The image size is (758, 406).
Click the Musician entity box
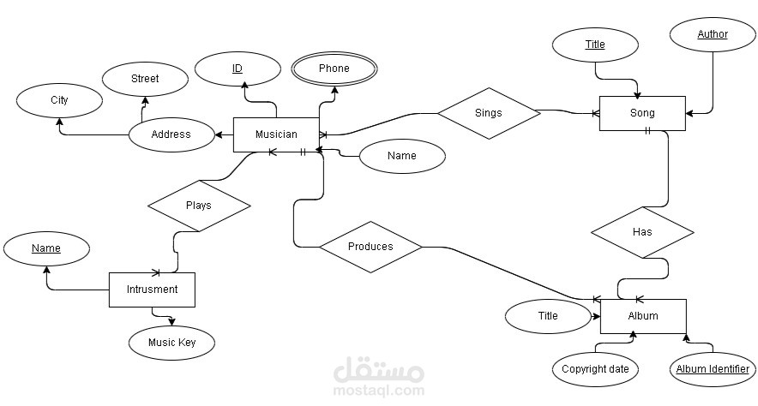point(276,134)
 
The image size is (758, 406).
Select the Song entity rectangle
point(642,113)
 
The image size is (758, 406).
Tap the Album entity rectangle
point(643,316)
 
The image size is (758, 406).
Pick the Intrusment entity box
point(152,290)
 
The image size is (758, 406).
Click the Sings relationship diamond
point(489,113)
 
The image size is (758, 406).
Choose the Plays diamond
point(199,206)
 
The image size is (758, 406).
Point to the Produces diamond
point(370,248)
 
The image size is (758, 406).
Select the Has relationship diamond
point(642,232)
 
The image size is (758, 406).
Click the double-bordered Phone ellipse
point(334,69)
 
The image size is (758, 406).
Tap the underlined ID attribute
point(238,69)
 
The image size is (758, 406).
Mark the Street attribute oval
point(145,79)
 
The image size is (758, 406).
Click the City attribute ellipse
point(59,100)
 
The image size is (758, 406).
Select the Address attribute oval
point(171,134)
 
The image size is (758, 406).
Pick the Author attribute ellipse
point(713,34)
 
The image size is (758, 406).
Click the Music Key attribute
point(171,343)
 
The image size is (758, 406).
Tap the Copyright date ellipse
point(595,369)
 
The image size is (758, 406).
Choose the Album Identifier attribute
point(713,369)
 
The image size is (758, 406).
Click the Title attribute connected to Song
point(595,45)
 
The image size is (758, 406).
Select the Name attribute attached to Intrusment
point(46,248)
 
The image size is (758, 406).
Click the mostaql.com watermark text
point(379,390)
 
